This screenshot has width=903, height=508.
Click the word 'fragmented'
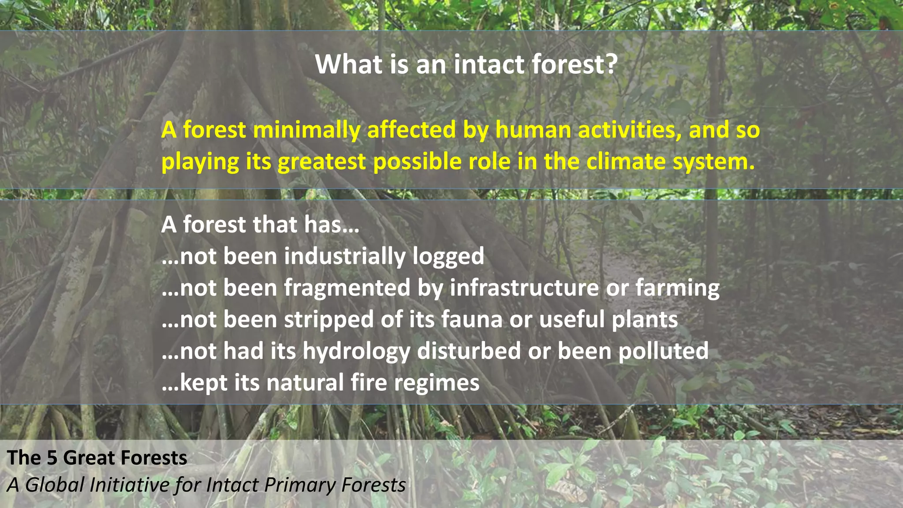[x=347, y=288]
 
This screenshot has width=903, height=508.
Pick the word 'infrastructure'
[x=524, y=288]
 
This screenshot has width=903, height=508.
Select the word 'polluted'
[x=663, y=351]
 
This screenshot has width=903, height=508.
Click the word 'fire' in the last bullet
[x=369, y=382]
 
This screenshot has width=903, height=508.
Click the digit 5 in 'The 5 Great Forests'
[x=52, y=458]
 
